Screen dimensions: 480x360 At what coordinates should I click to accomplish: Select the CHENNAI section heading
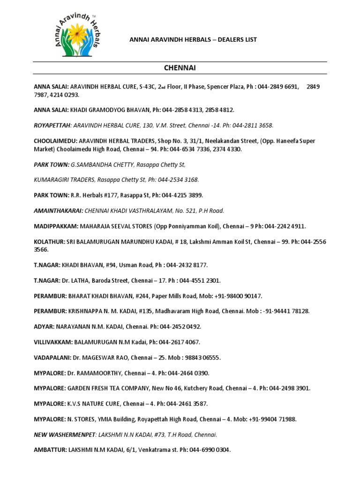tap(180, 68)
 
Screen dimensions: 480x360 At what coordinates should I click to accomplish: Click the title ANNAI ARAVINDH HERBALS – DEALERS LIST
tap(193, 40)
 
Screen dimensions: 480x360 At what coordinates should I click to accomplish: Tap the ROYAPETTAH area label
tap(52, 126)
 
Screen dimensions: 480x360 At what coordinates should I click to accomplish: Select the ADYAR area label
tap(45, 327)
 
